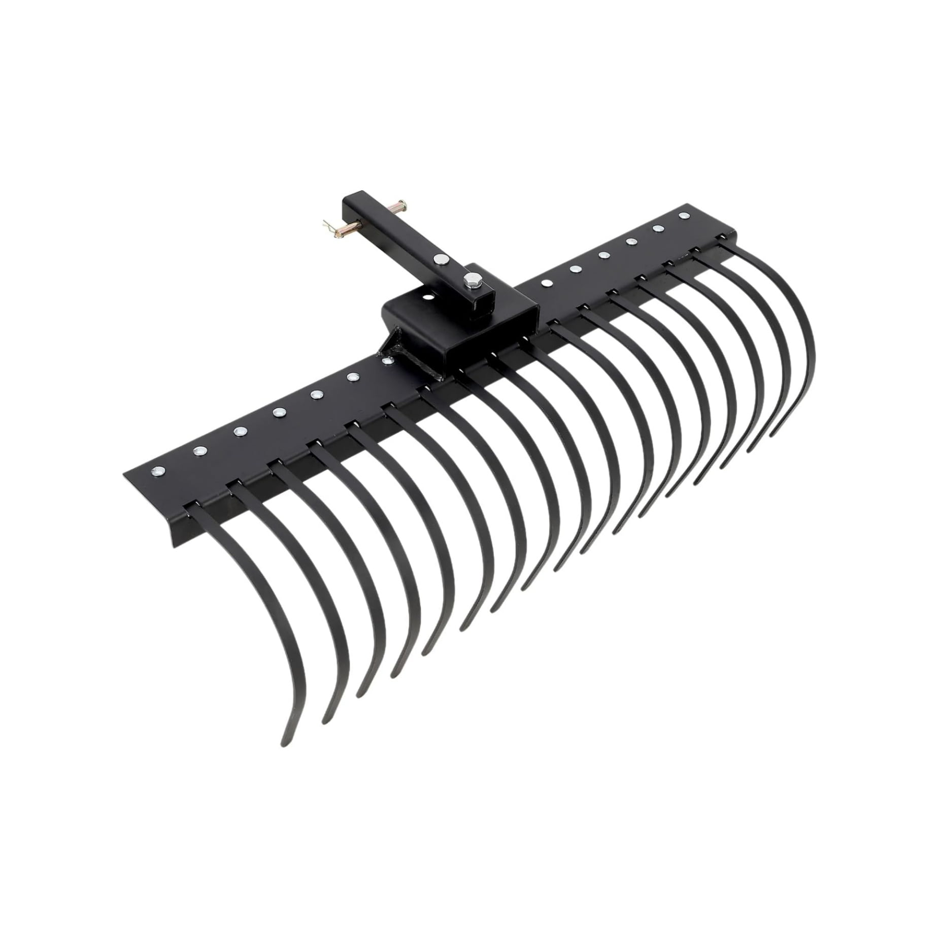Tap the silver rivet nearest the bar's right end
[682, 215]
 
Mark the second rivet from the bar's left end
[197, 450]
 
